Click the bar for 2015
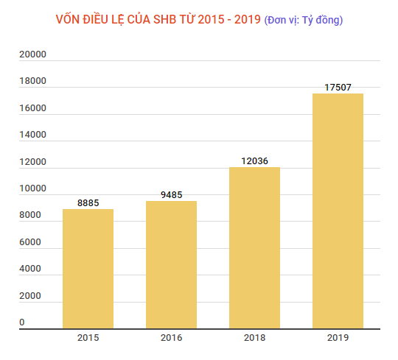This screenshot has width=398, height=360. [88, 269]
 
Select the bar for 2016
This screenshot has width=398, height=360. [171, 265]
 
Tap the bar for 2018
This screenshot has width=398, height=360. [254, 248]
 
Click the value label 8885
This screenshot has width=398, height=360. [88, 202]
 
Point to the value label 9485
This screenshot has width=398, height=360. [171, 195]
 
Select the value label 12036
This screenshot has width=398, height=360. [254, 160]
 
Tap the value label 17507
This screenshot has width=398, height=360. [338, 88]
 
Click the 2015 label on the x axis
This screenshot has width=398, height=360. [88, 338]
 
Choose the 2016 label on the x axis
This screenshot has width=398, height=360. [171, 338]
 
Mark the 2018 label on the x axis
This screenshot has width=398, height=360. [254, 338]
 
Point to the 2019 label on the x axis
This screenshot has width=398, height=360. [338, 338]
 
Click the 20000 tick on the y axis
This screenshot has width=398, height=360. [32, 54]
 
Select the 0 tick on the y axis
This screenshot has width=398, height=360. [22, 322]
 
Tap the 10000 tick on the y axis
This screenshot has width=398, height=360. [32, 188]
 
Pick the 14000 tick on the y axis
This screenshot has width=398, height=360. [32, 135]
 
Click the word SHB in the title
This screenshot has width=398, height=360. [170, 19]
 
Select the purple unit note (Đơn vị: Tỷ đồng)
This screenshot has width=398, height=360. [303, 20]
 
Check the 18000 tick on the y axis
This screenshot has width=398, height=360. [32, 81]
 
